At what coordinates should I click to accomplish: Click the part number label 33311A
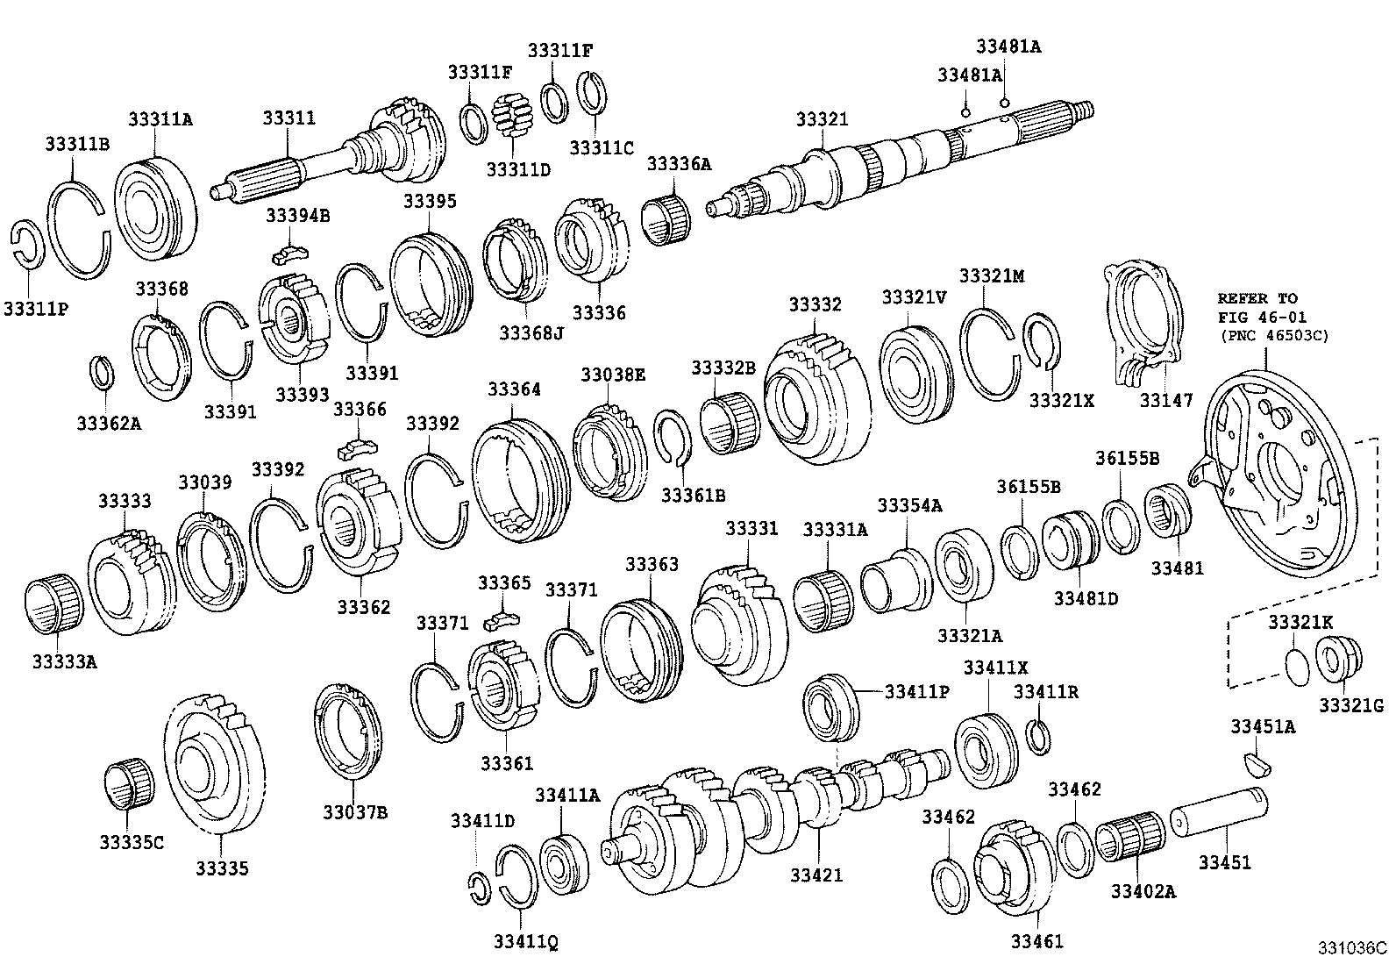(x=160, y=118)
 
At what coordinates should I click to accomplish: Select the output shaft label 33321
(x=822, y=119)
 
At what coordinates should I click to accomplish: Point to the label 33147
(x=1165, y=401)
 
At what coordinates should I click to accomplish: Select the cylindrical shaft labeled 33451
(x=1219, y=811)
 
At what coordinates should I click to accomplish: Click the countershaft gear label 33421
(x=816, y=875)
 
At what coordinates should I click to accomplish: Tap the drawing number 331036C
(x=1350, y=948)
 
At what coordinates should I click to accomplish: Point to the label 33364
(x=514, y=389)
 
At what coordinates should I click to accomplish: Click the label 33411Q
(x=525, y=941)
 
